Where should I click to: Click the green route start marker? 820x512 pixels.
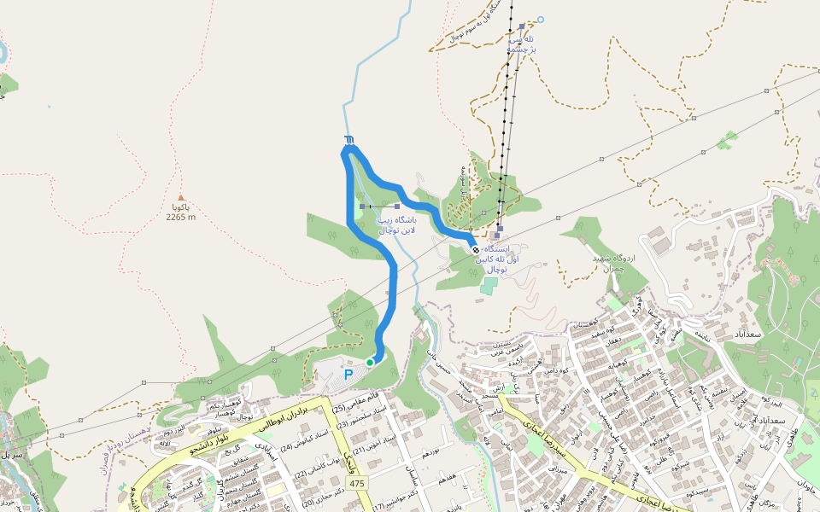coord(370,363)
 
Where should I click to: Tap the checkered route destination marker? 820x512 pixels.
coord(475,249)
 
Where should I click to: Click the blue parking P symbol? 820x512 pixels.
coord(348,374)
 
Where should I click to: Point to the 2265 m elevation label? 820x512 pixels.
coord(181,217)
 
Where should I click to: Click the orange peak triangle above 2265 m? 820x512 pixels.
coord(180,197)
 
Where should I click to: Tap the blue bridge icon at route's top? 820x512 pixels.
coord(348,139)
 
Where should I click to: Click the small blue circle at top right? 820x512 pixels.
coord(540,19)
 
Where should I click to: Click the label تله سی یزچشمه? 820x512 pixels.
coord(521,44)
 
